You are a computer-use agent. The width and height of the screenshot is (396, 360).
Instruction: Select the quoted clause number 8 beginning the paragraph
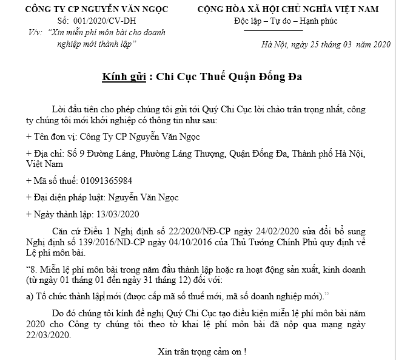(x=33, y=269)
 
